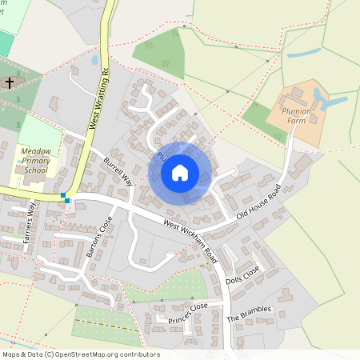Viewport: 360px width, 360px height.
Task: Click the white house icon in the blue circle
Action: [180, 173]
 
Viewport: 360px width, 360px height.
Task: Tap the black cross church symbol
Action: [10, 82]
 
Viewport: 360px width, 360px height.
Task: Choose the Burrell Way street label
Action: [118, 170]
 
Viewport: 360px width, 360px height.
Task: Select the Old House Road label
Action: [261, 205]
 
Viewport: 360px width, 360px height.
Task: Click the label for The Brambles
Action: [250, 310]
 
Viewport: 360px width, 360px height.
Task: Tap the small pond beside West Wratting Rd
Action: [94, 60]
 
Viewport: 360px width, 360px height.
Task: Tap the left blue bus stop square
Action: [62, 196]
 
